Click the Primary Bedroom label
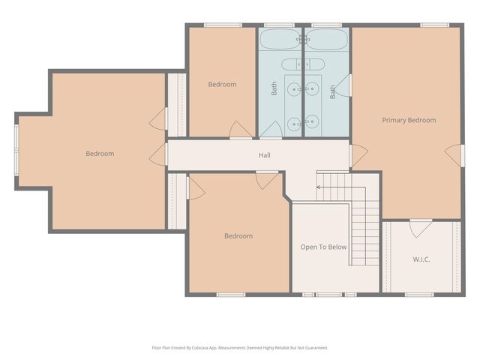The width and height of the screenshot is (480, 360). pos(409,120)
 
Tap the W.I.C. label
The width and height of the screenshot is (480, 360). pos(421,259)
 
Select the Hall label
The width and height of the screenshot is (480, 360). pos(265,155)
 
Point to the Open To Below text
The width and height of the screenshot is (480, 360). pos(323,247)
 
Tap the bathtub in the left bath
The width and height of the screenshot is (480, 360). pos(280,39)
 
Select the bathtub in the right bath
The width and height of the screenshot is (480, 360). pos(327,39)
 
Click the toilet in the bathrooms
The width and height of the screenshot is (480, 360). pos(303,64)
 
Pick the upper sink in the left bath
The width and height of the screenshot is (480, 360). pos(294,89)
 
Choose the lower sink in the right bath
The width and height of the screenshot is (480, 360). pos(312,121)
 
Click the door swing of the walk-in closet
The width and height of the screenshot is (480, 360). pos(421,228)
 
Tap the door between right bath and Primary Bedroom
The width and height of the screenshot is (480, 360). pos(343,85)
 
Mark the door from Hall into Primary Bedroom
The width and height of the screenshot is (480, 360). pos(358,156)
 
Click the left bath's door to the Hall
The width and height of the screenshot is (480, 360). pos(271,130)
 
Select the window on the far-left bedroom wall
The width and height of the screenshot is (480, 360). pos(16,150)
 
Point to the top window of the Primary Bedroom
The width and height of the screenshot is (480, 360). pos(434,25)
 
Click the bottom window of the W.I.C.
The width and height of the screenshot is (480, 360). pos(419,295)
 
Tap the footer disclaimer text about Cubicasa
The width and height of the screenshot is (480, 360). pos(240,348)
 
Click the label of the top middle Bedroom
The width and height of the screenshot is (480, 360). pos(222,84)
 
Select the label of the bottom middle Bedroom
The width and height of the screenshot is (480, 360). pos(238,236)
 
